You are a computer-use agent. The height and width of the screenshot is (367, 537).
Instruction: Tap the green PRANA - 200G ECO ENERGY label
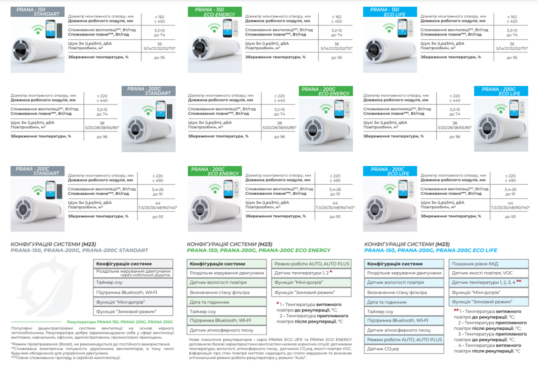pos(326,91)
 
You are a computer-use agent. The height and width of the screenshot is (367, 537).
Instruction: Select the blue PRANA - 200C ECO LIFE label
pos(389,171)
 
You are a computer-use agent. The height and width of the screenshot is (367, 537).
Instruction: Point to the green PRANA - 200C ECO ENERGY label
pos(214,171)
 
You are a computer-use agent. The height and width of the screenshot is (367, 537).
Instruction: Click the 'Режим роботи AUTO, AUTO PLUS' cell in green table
pos(312,263)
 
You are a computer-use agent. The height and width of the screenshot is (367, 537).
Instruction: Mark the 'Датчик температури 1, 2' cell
pos(312,273)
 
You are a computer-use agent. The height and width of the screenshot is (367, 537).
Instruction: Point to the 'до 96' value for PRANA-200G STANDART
pos(103,136)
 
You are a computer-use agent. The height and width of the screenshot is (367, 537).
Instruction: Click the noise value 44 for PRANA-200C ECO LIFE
pos(510,202)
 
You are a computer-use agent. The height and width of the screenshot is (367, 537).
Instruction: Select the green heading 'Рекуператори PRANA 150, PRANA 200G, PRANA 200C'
pos(121,321)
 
